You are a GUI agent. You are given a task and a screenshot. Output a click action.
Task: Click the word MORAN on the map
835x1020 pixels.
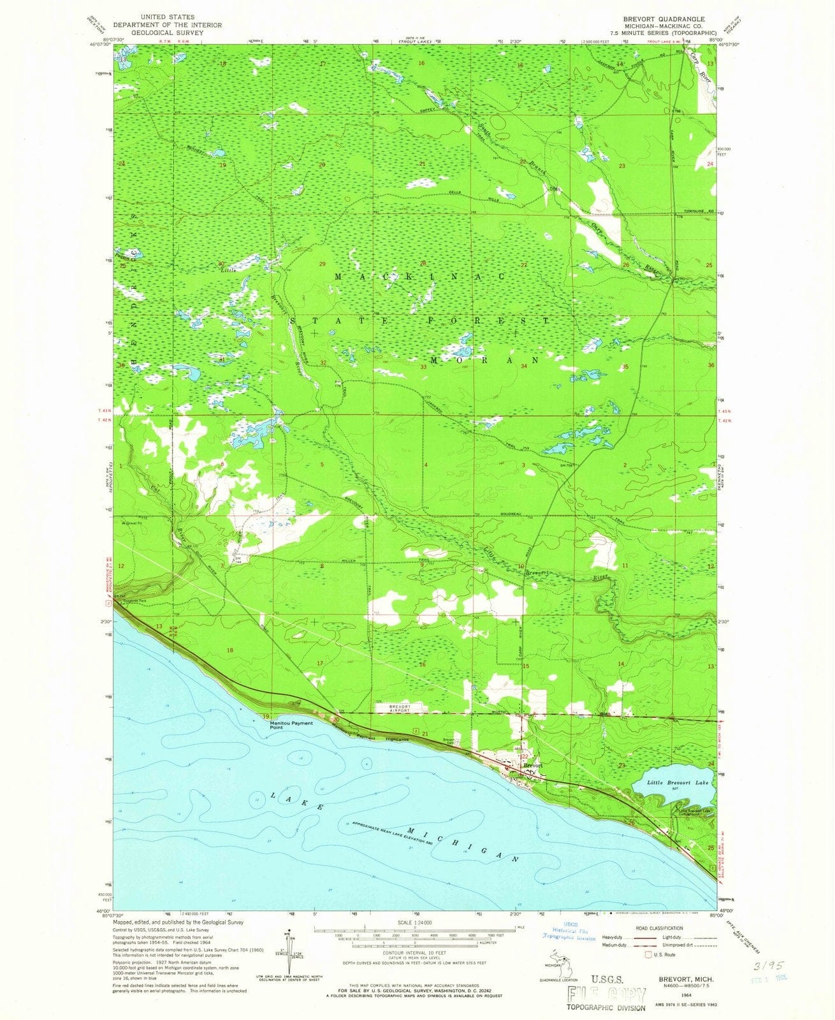coord(485,360)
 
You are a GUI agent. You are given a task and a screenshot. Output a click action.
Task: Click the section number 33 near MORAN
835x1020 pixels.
coord(423,367)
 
